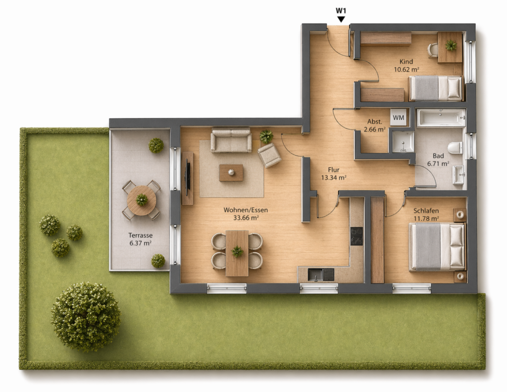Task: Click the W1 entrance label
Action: tap(341, 11)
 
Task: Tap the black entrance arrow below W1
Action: tap(341, 20)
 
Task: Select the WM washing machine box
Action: tap(399, 118)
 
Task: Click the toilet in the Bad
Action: tap(456, 147)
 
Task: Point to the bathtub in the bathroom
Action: tap(441, 117)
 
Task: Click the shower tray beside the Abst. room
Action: tap(403, 142)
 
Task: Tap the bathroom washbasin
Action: tap(458, 175)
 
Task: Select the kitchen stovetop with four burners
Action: tap(356, 236)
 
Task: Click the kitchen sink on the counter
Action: tap(315, 275)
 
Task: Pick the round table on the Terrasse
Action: tap(142, 200)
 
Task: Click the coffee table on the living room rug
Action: tap(231, 173)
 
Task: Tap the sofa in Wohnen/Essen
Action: tap(231, 140)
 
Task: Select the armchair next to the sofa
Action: tap(269, 155)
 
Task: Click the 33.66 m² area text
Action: tap(246, 218)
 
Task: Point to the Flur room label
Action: tap(334, 170)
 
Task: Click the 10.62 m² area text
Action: tap(406, 69)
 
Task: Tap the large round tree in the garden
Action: tap(86, 317)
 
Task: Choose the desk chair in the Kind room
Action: tap(433, 50)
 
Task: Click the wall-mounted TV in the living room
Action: tap(187, 177)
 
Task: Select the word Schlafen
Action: tap(426, 211)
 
